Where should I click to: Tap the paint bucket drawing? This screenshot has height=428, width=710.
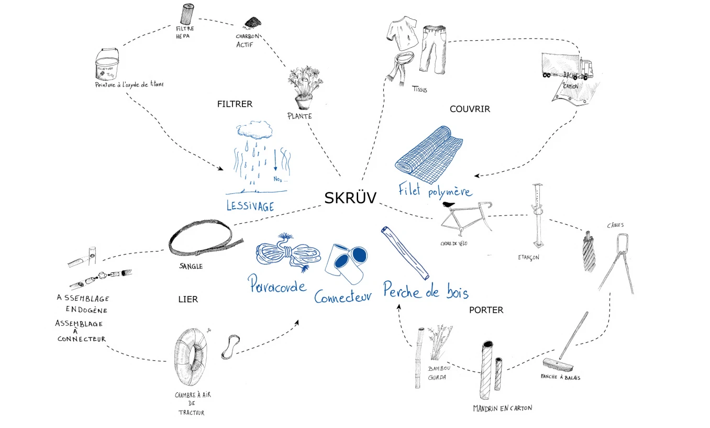pyautogui.click(x=107, y=64)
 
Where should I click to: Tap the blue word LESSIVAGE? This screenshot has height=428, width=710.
pyautogui.click(x=250, y=205)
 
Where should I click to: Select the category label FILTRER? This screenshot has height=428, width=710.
pyautogui.click(x=235, y=104)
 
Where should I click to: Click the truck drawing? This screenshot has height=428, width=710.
pyautogui.click(x=565, y=67)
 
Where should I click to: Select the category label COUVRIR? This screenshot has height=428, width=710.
pyautogui.click(x=470, y=109)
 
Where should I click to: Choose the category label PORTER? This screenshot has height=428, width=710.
pyautogui.click(x=486, y=310)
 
